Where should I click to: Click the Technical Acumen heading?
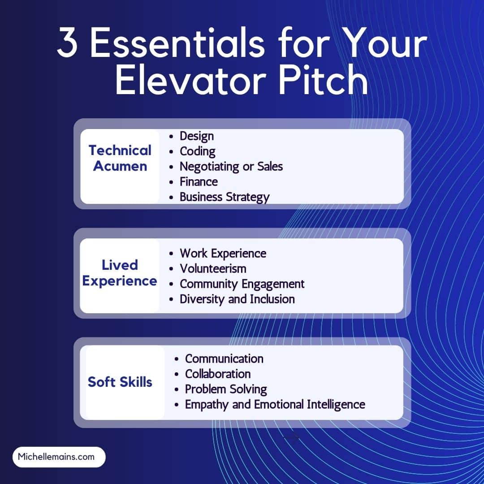point(120,158)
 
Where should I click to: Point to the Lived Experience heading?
point(120,273)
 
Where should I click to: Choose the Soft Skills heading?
point(120,382)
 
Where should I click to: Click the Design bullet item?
point(196,136)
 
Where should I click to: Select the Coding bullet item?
point(197,151)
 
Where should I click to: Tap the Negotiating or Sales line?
point(231,167)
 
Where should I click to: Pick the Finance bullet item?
point(199,182)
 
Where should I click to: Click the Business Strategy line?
point(224,197)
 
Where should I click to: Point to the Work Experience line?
point(223,254)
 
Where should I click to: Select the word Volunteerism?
point(213,269)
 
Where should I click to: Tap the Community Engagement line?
point(242,284)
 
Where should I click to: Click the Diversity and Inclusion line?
point(237,299)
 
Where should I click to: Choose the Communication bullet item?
point(224,359)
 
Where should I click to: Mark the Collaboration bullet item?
point(218,374)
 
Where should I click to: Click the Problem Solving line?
point(226,389)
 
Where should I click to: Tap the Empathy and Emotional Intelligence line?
point(275,405)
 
